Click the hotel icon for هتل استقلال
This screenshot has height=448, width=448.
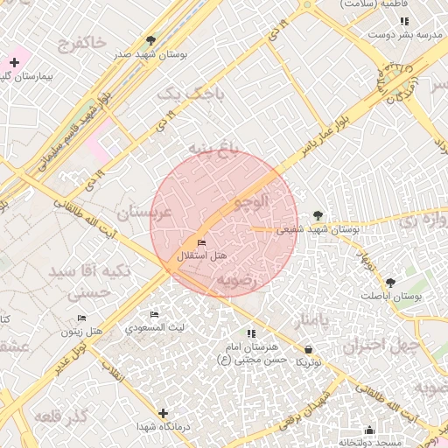coord(202,242)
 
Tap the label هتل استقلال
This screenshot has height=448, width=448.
coord(202,255)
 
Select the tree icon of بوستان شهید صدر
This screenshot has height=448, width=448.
coord(151,40)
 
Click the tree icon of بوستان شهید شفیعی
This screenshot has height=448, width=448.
coord(317,215)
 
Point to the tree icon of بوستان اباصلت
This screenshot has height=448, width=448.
coord(390,283)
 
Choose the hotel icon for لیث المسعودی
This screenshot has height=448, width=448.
coord(155,315)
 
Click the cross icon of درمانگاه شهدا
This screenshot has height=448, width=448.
coord(163,412)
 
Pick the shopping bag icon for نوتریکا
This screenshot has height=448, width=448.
coord(309,349)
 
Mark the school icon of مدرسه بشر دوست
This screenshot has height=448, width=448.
coord(404,21)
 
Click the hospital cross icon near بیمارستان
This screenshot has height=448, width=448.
coord(14,62)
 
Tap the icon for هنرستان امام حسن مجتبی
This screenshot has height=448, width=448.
coord(252,333)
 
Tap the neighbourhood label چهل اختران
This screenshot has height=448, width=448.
coord(376,345)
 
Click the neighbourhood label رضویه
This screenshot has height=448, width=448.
coord(237,280)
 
